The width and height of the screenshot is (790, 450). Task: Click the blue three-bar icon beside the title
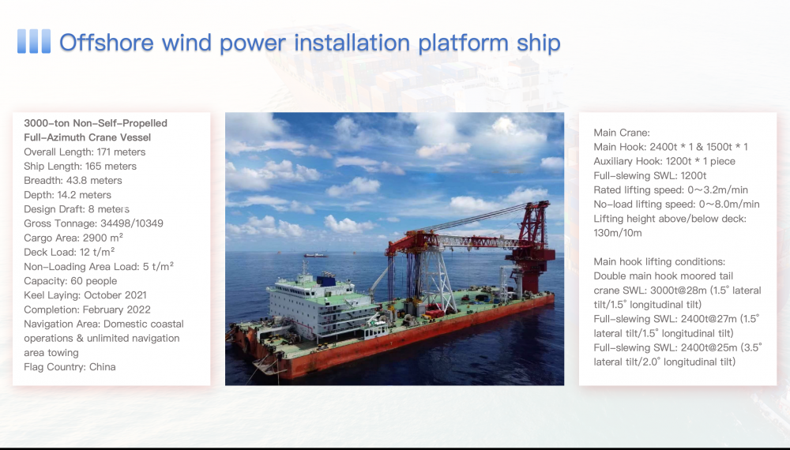(x=34, y=41)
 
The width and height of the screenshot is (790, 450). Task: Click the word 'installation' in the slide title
(x=352, y=43)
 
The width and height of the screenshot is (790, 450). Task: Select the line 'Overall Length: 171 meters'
(x=85, y=152)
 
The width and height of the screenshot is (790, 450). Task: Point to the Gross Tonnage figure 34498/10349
(x=131, y=223)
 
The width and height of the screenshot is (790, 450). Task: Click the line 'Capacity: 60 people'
(x=70, y=281)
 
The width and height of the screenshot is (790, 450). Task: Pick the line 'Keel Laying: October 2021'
(x=85, y=295)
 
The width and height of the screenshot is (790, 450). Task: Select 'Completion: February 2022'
(x=87, y=309)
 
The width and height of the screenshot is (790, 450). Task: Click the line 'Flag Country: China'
(x=70, y=367)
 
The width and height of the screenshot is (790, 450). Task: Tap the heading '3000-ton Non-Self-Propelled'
(x=96, y=123)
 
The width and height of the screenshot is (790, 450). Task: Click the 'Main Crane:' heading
(x=622, y=133)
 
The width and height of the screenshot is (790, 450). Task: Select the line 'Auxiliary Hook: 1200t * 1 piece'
(x=664, y=162)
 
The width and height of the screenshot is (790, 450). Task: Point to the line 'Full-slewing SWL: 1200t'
(x=650, y=176)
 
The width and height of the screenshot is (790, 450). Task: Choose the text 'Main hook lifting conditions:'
(x=660, y=262)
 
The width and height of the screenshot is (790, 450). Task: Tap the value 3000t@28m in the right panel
(x=679, y=291)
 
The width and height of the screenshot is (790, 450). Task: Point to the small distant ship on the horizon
(x=315, y=255)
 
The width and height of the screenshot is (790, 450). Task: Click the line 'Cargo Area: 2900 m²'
(x=73, y=238)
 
